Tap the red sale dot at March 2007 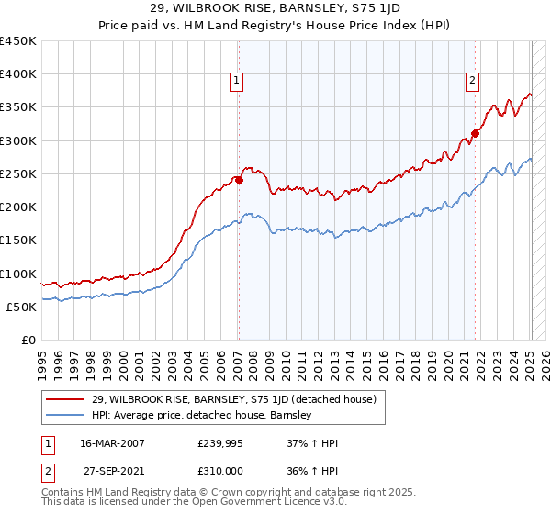(x=239, y=180)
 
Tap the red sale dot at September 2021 (x=475, y=133)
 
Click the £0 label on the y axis (x=27, y=340)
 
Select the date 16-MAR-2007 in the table (x=112, y=442)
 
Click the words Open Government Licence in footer (x=249, y=503)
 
